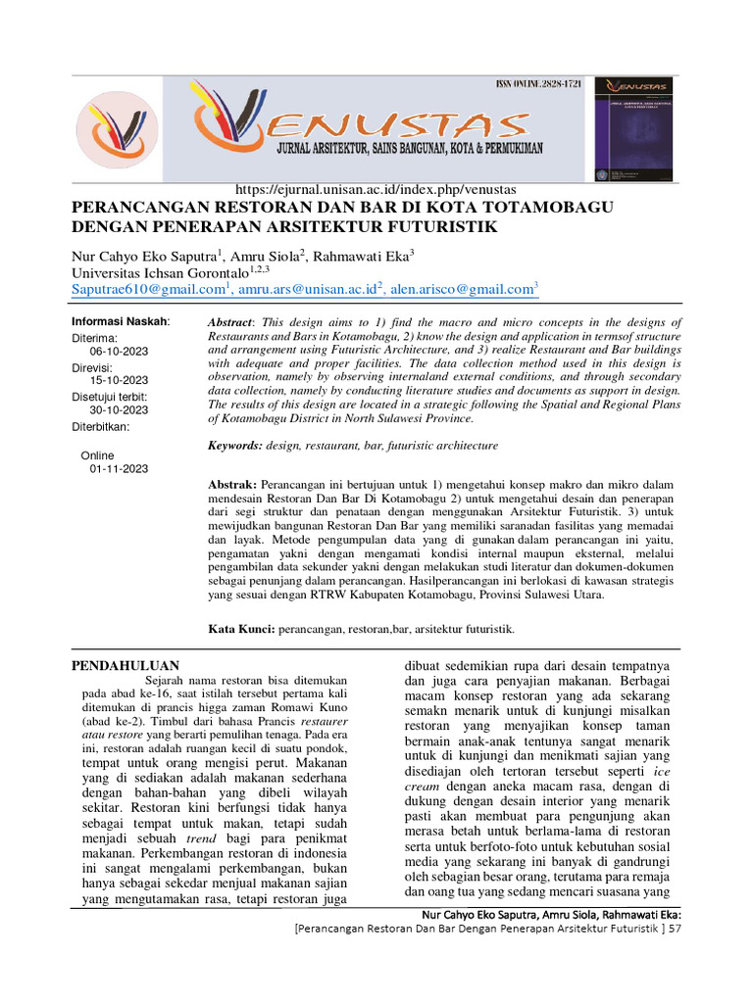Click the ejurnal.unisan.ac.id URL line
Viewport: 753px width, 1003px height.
[376, 189]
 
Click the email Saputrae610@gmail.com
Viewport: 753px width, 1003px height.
[148, 289]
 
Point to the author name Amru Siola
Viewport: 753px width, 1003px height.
[268, 256]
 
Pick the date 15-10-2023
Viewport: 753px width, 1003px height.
[119, 380]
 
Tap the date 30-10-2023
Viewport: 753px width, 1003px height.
[119, 410]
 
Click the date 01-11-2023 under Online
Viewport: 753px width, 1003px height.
[119, 469]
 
